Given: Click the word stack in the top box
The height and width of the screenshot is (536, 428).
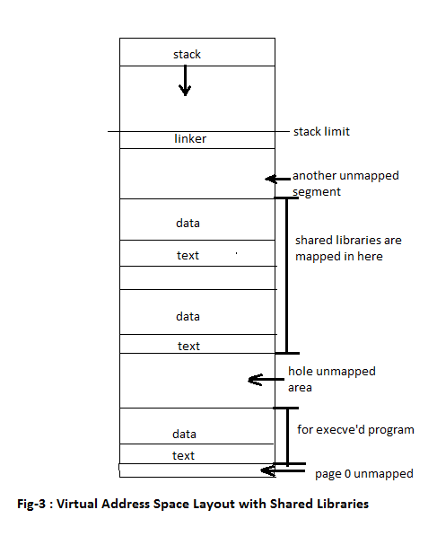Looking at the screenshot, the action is coord(187,55).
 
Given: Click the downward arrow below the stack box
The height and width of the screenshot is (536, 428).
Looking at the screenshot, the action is coord(185,81).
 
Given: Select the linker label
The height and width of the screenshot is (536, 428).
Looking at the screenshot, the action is coord(190,138).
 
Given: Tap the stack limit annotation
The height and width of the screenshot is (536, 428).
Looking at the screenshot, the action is coord(321,131).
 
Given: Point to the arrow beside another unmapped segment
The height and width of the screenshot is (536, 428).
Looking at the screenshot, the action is coord(277,179).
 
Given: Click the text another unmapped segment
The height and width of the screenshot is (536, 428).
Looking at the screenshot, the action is coord(345,183).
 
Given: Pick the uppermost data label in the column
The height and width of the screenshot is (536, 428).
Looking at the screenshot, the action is coord(188,224).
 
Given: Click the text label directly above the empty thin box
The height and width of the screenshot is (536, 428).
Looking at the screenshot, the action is coord(188,255).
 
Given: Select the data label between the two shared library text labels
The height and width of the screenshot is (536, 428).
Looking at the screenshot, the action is coord(188,317).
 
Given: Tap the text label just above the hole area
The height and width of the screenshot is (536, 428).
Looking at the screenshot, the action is coord(188,346).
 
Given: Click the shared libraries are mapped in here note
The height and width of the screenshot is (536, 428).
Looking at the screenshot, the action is coord(348,248).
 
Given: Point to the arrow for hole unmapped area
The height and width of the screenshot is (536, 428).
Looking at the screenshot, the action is coord(266,380).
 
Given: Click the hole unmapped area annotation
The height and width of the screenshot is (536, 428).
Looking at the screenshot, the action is coord(332,380).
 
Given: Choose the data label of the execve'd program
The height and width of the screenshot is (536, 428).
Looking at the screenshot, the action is coord(184,435).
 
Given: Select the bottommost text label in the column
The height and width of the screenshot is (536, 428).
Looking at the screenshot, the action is coord(183,456).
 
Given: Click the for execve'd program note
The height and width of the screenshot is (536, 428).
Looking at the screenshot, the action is coord(355,430).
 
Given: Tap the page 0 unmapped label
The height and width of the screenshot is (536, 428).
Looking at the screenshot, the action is coord(364,474).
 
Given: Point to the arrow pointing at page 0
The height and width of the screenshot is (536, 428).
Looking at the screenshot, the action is coord(283,470).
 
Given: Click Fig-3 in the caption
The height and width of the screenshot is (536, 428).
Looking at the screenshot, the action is coord(31,504).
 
